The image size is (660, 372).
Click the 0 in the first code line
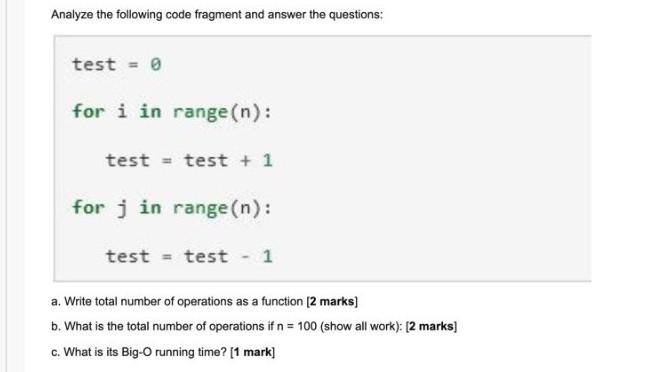coord(155,64)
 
